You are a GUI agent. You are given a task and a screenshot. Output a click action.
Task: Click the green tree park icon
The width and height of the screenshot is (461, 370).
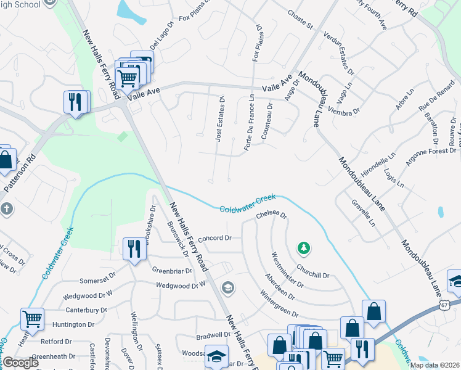click(303, 248)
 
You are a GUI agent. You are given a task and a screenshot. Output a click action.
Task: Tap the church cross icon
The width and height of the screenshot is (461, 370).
click(7, 208)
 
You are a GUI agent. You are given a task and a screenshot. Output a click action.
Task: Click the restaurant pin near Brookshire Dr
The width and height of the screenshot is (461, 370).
click(133, 249)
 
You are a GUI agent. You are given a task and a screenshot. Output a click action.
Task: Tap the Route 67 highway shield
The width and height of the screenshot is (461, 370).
click(445, 305)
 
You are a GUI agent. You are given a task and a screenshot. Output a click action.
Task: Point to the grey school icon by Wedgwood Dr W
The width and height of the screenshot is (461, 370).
click(228, 287)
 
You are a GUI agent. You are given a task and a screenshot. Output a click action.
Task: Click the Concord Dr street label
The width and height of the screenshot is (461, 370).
click(214, 238)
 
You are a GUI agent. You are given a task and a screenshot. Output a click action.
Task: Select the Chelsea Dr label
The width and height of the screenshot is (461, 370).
click(272, 214)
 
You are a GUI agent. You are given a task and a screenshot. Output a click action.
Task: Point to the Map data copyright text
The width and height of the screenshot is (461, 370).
click(434, 365)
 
